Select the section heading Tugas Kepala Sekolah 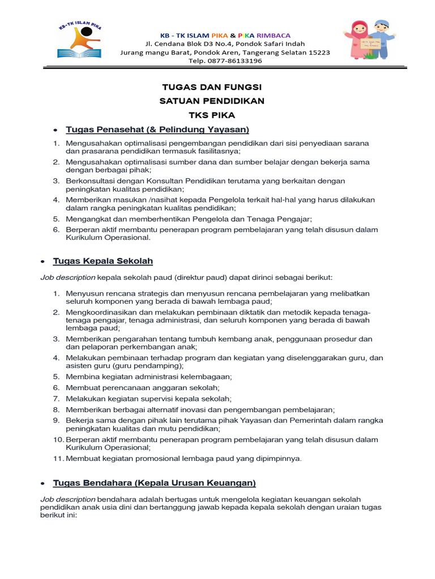[x=103, y=261]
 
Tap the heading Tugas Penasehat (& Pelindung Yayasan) [x=157, y=129]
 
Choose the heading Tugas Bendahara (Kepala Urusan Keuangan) [x=154, y=483]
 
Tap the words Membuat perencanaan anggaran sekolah [x=142, y=388]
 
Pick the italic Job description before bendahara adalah [x=68, y=499]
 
